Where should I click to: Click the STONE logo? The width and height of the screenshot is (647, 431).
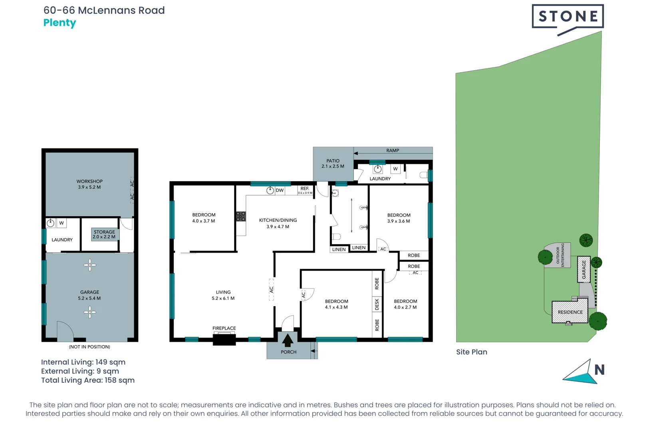(568, 16)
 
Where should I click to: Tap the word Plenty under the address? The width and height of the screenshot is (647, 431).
(60, 23)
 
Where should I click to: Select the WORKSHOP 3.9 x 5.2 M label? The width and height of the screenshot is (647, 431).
(89, 184)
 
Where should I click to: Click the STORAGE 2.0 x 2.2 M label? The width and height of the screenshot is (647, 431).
(104, 234)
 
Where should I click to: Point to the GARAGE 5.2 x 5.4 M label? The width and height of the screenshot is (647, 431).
(89, 295)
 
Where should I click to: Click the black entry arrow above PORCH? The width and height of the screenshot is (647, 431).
(288, 340)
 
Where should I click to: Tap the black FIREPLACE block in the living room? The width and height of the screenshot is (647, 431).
(224, 340)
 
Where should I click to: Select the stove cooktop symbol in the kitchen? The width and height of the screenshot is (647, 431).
(241, 216)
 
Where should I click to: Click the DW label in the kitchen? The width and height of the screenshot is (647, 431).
(280, 190)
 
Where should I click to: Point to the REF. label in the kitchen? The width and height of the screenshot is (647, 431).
(305, 188)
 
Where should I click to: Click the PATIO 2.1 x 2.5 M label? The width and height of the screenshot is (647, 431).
(333, 164)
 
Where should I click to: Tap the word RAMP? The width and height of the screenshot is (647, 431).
(393, 150)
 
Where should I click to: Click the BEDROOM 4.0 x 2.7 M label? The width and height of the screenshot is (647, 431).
(405, 304)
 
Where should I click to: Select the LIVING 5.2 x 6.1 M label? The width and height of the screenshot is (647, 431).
(223, 295)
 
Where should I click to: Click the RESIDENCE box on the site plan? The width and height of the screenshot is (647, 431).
(570, 312)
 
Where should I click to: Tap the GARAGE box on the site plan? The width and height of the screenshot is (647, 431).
(583, 269)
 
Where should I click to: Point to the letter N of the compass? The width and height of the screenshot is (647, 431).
(599, 370)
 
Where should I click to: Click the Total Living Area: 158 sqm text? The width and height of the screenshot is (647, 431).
(88, 380)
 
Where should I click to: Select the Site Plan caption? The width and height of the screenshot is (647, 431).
(472, 352)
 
